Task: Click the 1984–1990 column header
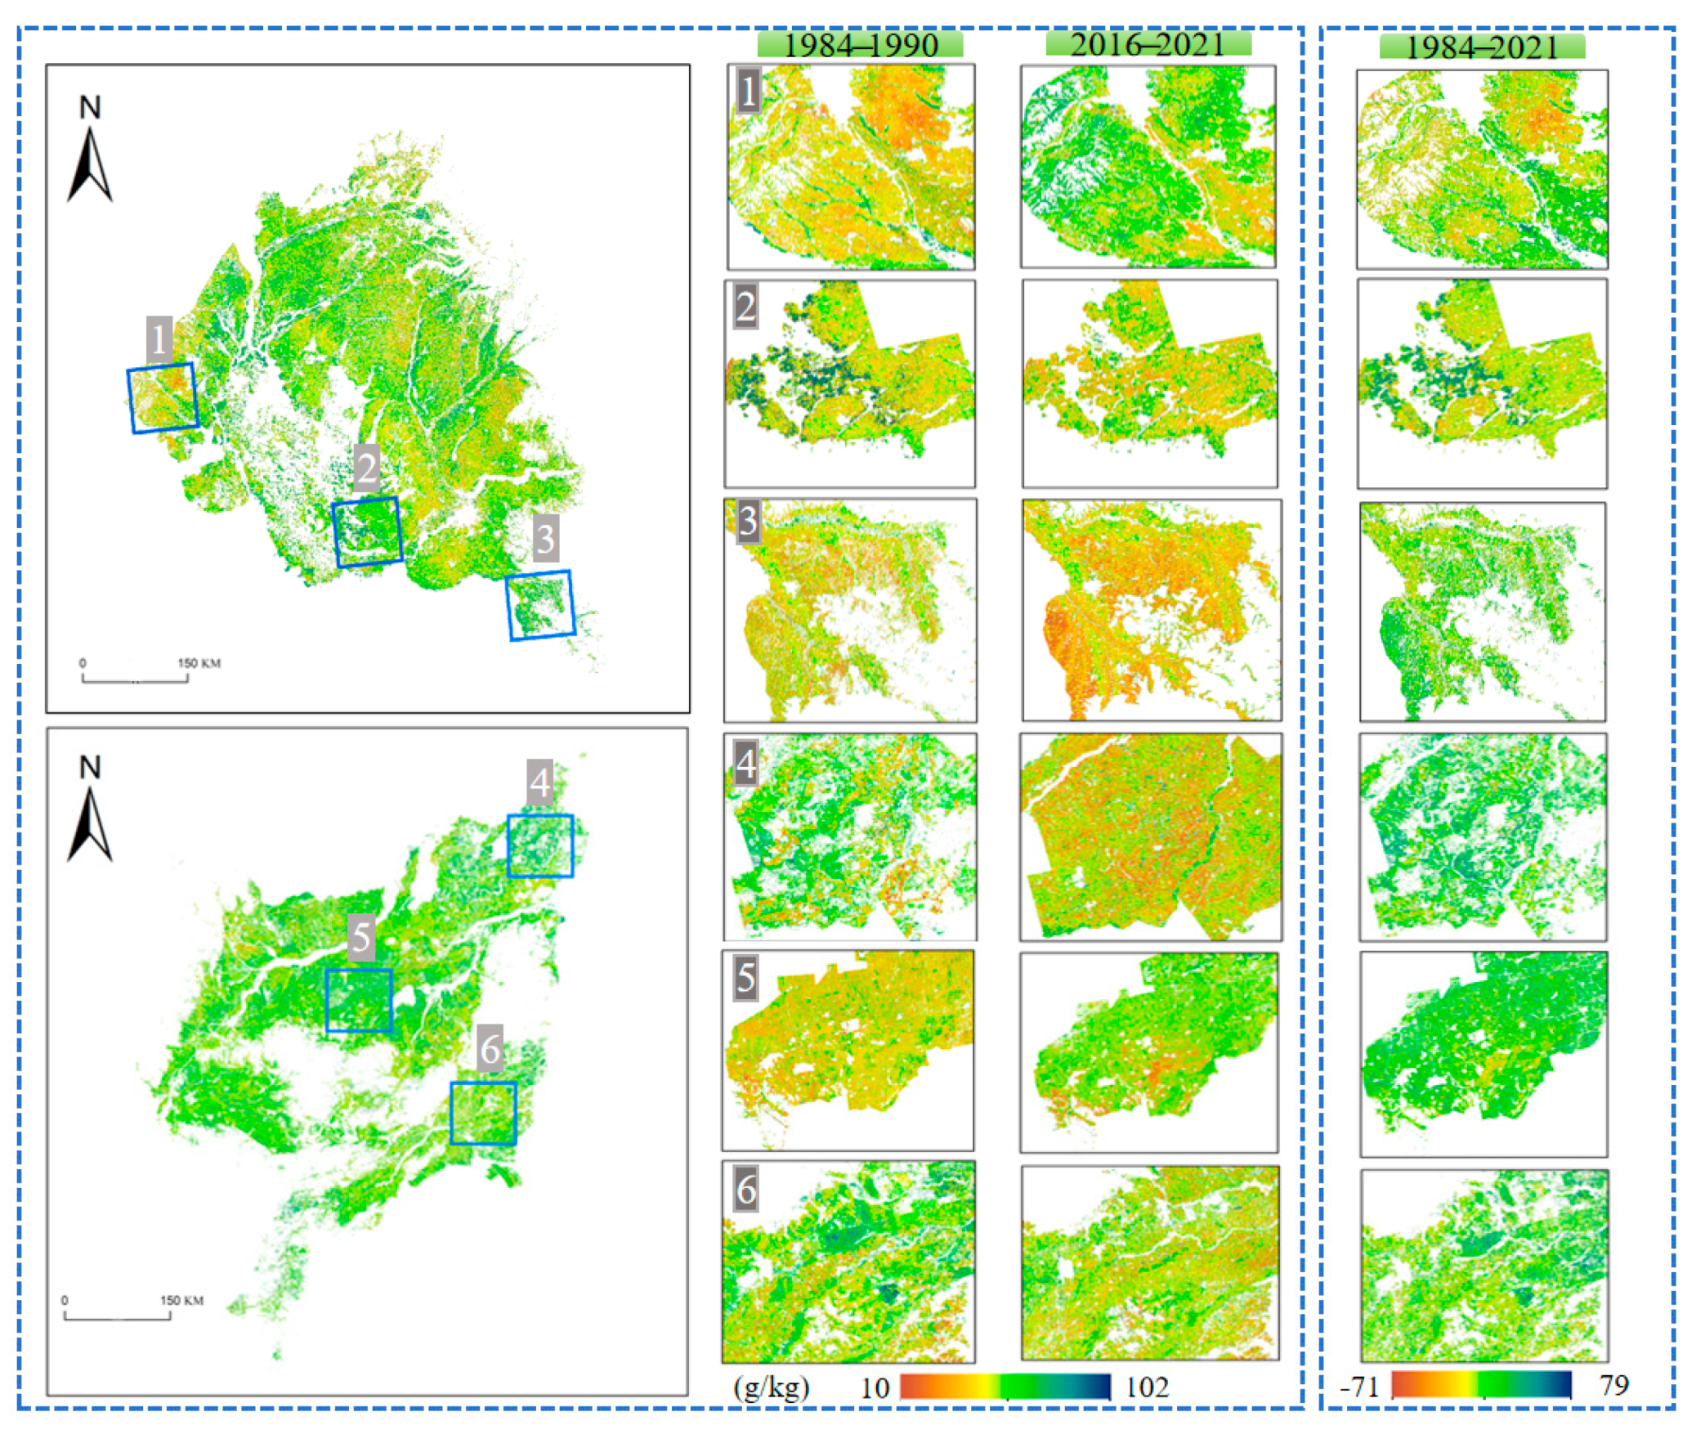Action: pos(859,44)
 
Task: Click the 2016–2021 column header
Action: pos(1148,43)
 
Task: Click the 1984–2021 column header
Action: pos(1481,47)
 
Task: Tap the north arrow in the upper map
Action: pos(90,150)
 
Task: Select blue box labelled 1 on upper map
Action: pos(163,398)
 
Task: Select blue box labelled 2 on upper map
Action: pos(368,531)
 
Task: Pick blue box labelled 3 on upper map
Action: pos(540,605)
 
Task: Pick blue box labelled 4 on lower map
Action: pos(540,846)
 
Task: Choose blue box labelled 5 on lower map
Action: pos(359,1001)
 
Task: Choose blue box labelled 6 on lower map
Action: pos(484,1114)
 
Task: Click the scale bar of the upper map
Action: pos(135,678)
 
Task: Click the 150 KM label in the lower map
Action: pos(181,1300)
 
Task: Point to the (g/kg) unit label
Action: pos(771,1387)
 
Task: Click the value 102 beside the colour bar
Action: pos(1147,1387)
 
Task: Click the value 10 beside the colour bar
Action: pos(874,1388)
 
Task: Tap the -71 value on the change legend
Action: pos(1358,1387)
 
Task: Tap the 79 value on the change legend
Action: pos(1613,1385)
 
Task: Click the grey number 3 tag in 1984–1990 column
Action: pos(746,521)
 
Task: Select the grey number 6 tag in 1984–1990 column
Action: pos(745,1190)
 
